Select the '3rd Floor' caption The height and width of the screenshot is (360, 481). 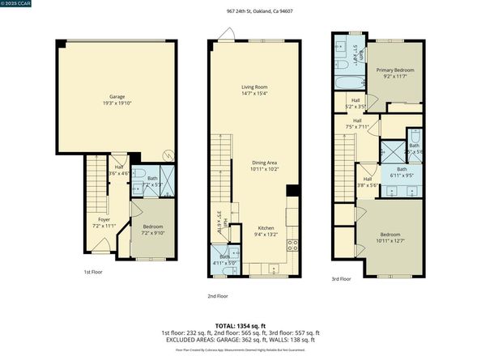tap(340, 278)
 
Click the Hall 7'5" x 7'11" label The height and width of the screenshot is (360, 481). tap(357, 124)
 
